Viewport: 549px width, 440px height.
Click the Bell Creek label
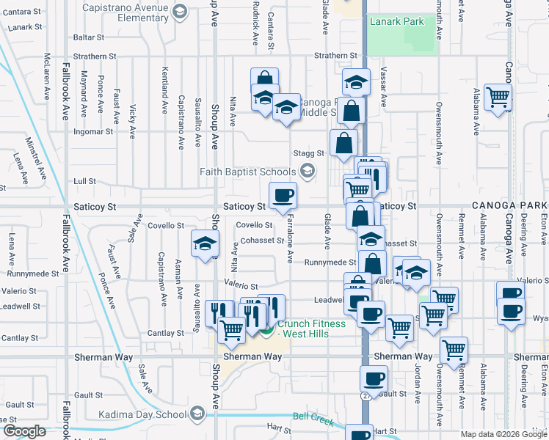313,419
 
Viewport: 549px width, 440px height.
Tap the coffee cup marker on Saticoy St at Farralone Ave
283,196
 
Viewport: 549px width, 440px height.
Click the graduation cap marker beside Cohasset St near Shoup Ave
205,245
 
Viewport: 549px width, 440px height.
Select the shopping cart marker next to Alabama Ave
498,97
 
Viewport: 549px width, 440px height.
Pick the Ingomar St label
93,132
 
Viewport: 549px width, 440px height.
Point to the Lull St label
85,181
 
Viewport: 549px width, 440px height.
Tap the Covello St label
255,225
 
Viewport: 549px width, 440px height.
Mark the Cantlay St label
20,338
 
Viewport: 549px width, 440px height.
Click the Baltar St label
89,37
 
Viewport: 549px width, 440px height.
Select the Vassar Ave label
384,87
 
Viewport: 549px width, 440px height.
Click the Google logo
25,431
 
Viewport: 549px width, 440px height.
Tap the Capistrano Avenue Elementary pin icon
179,10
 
